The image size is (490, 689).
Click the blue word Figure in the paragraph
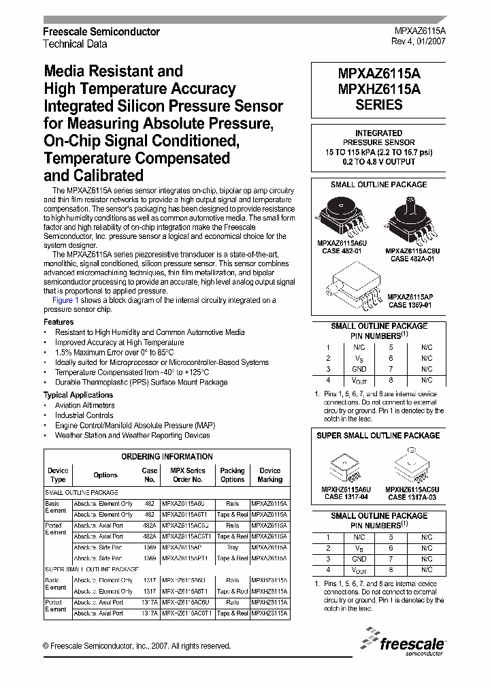coord(63,300)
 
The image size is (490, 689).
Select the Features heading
coord(59,322)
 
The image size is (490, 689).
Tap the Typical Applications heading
coord(78,395)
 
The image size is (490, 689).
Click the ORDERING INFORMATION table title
coord(167,457)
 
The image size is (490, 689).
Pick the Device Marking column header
coord(269,475)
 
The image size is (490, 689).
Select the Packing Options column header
coord(232,475)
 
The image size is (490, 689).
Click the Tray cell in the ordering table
coord(232,547)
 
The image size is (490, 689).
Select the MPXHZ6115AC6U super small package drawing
coord(411,467)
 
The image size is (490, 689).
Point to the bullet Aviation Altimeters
coord(85,405)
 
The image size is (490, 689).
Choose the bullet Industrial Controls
coord(84,415)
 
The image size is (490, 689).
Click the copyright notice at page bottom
coord(136,646)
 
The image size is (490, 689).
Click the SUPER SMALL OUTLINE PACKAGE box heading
coord(378,436)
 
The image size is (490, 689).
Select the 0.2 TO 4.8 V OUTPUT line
coord(378,162)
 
